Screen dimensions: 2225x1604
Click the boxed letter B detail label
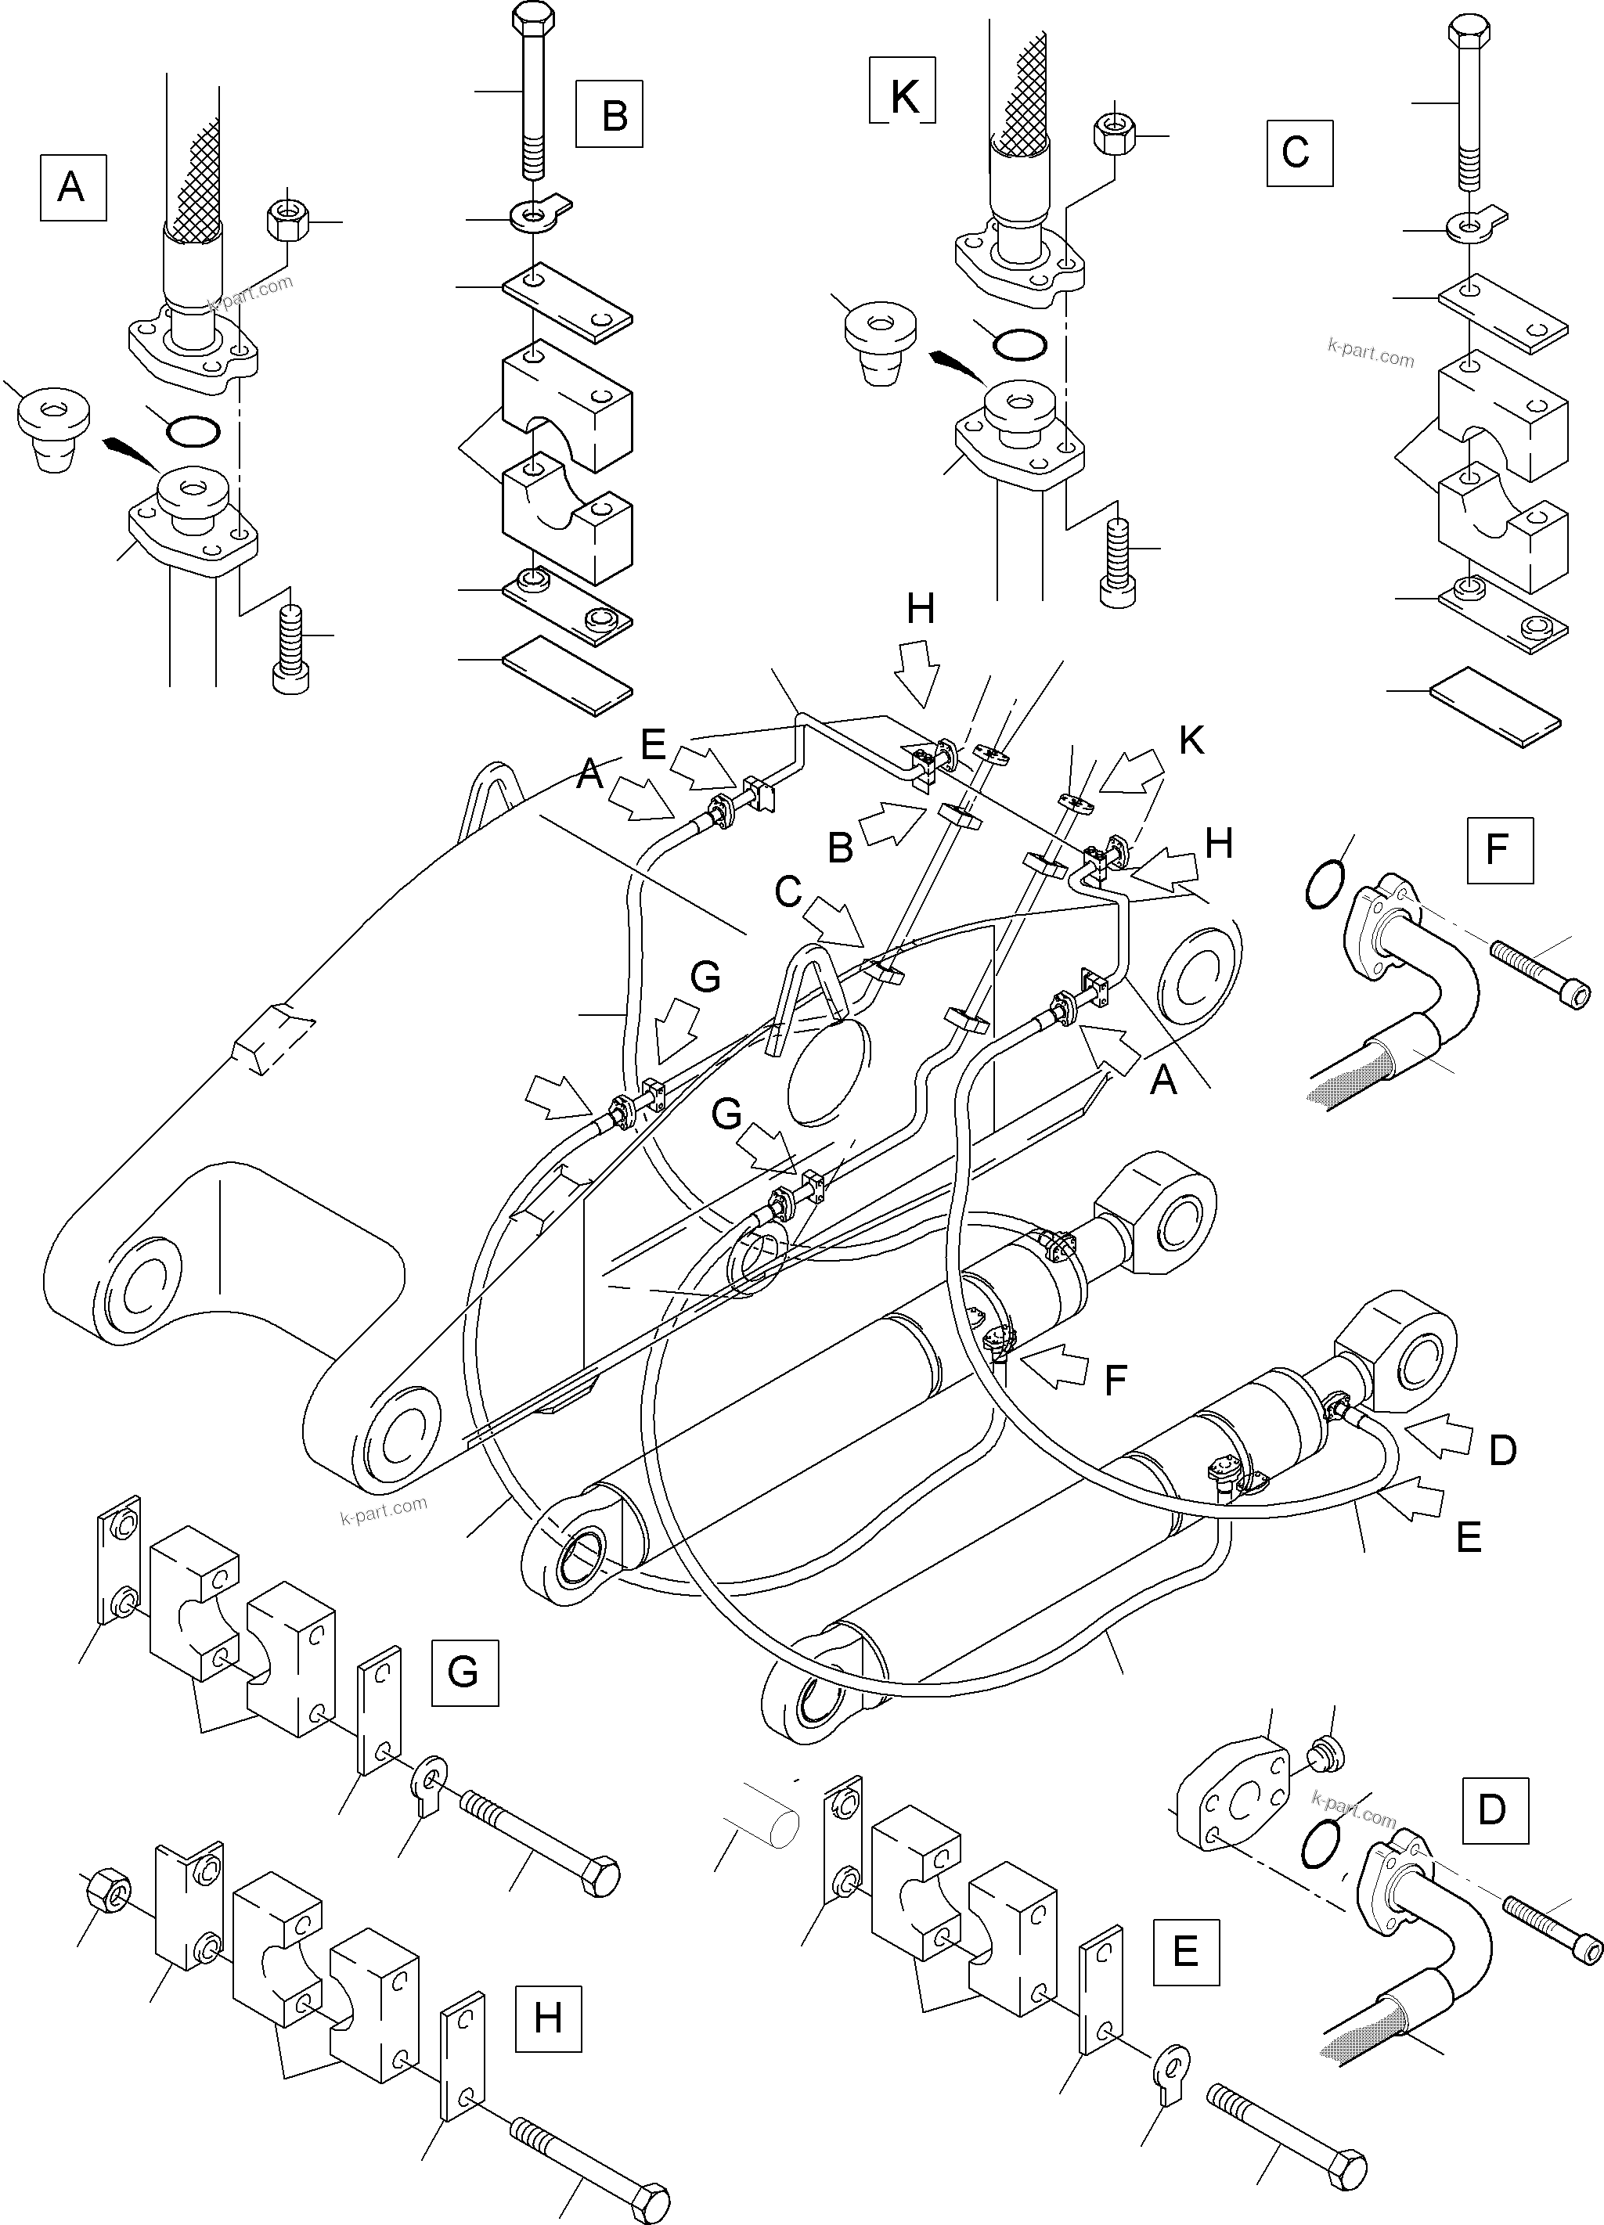click(x=609, y=115)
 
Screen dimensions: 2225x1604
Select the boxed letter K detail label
click(x=903, y=97)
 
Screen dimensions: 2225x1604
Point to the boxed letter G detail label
click(x=465, y=1672)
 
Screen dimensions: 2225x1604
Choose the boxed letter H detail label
click(x=547, y=2018)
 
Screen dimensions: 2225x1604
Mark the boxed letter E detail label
click(x=1185, y=1953)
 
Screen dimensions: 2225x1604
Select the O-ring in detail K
click(x=1018, y=344)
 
